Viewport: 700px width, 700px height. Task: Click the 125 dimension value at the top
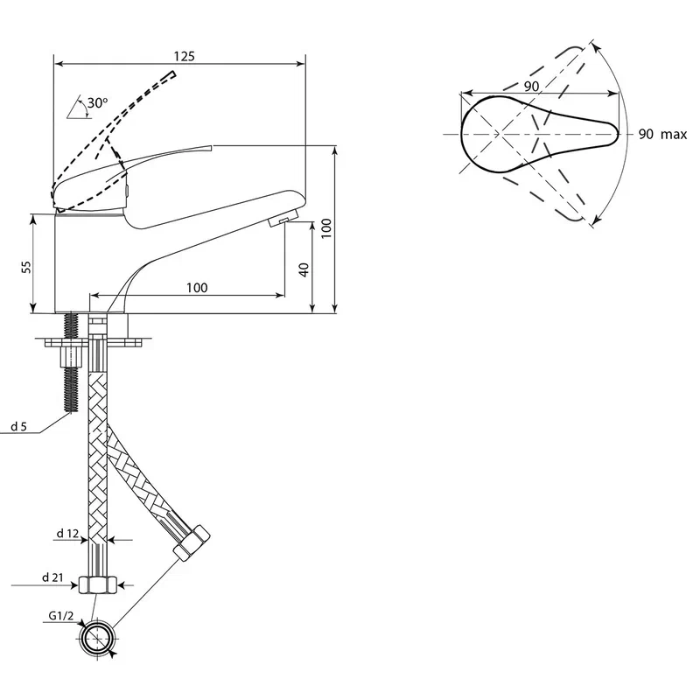click(x=185, y=56)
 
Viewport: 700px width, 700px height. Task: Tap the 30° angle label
click(x=97, y=103)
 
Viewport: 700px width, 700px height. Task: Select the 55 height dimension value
click(x=27, y=267)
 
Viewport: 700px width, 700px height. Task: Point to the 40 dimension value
click(x=304, y=269)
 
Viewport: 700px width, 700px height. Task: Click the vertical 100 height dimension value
click(x=326, y=228)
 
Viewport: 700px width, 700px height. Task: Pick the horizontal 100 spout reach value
click(x=197, y=288)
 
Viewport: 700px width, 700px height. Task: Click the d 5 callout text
click(x=18, y=427)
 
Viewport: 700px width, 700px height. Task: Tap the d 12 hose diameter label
click(x=67, y=533)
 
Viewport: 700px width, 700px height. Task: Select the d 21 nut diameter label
click(x=53, y=577)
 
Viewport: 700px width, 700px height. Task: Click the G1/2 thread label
click(x=61, y=616)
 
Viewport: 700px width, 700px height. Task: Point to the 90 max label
click(x=662, y=134)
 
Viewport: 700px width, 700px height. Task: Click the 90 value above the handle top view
click(x=531, y=86)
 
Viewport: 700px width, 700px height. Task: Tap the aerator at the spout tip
click(x=283, y=218)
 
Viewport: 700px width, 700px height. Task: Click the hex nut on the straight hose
click(x=98, y=585)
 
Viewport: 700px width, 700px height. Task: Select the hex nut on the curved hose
click(x=192, y=542)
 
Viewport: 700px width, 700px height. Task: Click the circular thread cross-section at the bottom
click(x=98, y=639)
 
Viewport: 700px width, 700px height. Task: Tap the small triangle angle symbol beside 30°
click(x=79, y=108)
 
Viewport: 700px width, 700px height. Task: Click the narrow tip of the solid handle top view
click(x=619, y=133)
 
